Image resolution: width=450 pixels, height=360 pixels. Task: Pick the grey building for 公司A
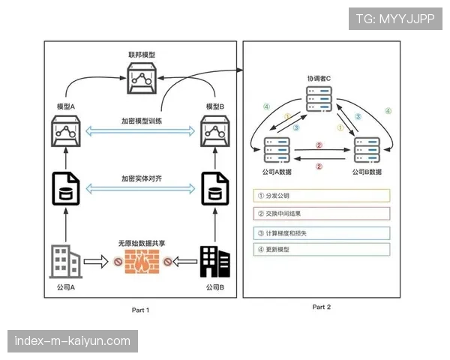pos(66,262)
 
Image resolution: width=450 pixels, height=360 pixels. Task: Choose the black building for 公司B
pos(215,261)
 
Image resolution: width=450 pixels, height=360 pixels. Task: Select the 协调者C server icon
pos(319,102)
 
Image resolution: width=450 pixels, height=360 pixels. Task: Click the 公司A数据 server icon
pos(277,151)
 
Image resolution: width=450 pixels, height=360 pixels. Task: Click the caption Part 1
pos(141,309)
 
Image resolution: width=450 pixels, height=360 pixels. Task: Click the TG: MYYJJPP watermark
pos(395,17)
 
